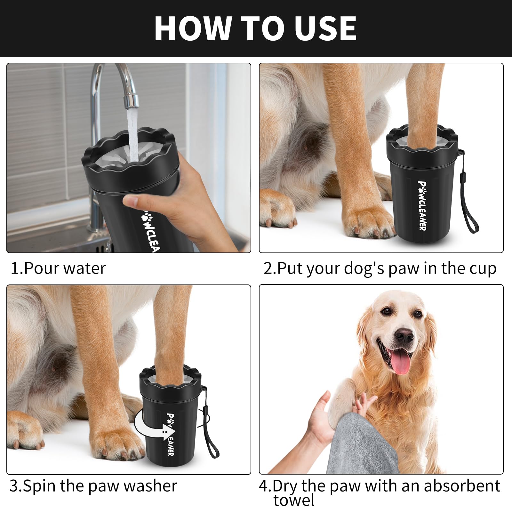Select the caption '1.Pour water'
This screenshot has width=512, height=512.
[x=58, y=268]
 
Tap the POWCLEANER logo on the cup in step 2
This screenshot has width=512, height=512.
[x=422, y=205]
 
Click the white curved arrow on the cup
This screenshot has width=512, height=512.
[x=150, y=426]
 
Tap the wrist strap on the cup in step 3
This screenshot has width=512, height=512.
[x=211, y=438]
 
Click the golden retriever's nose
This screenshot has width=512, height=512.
[x=404, y=335]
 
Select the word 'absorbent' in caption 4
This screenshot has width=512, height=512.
[x=462, y=486]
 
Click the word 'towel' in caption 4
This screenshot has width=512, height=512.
[x=294, y=500]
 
